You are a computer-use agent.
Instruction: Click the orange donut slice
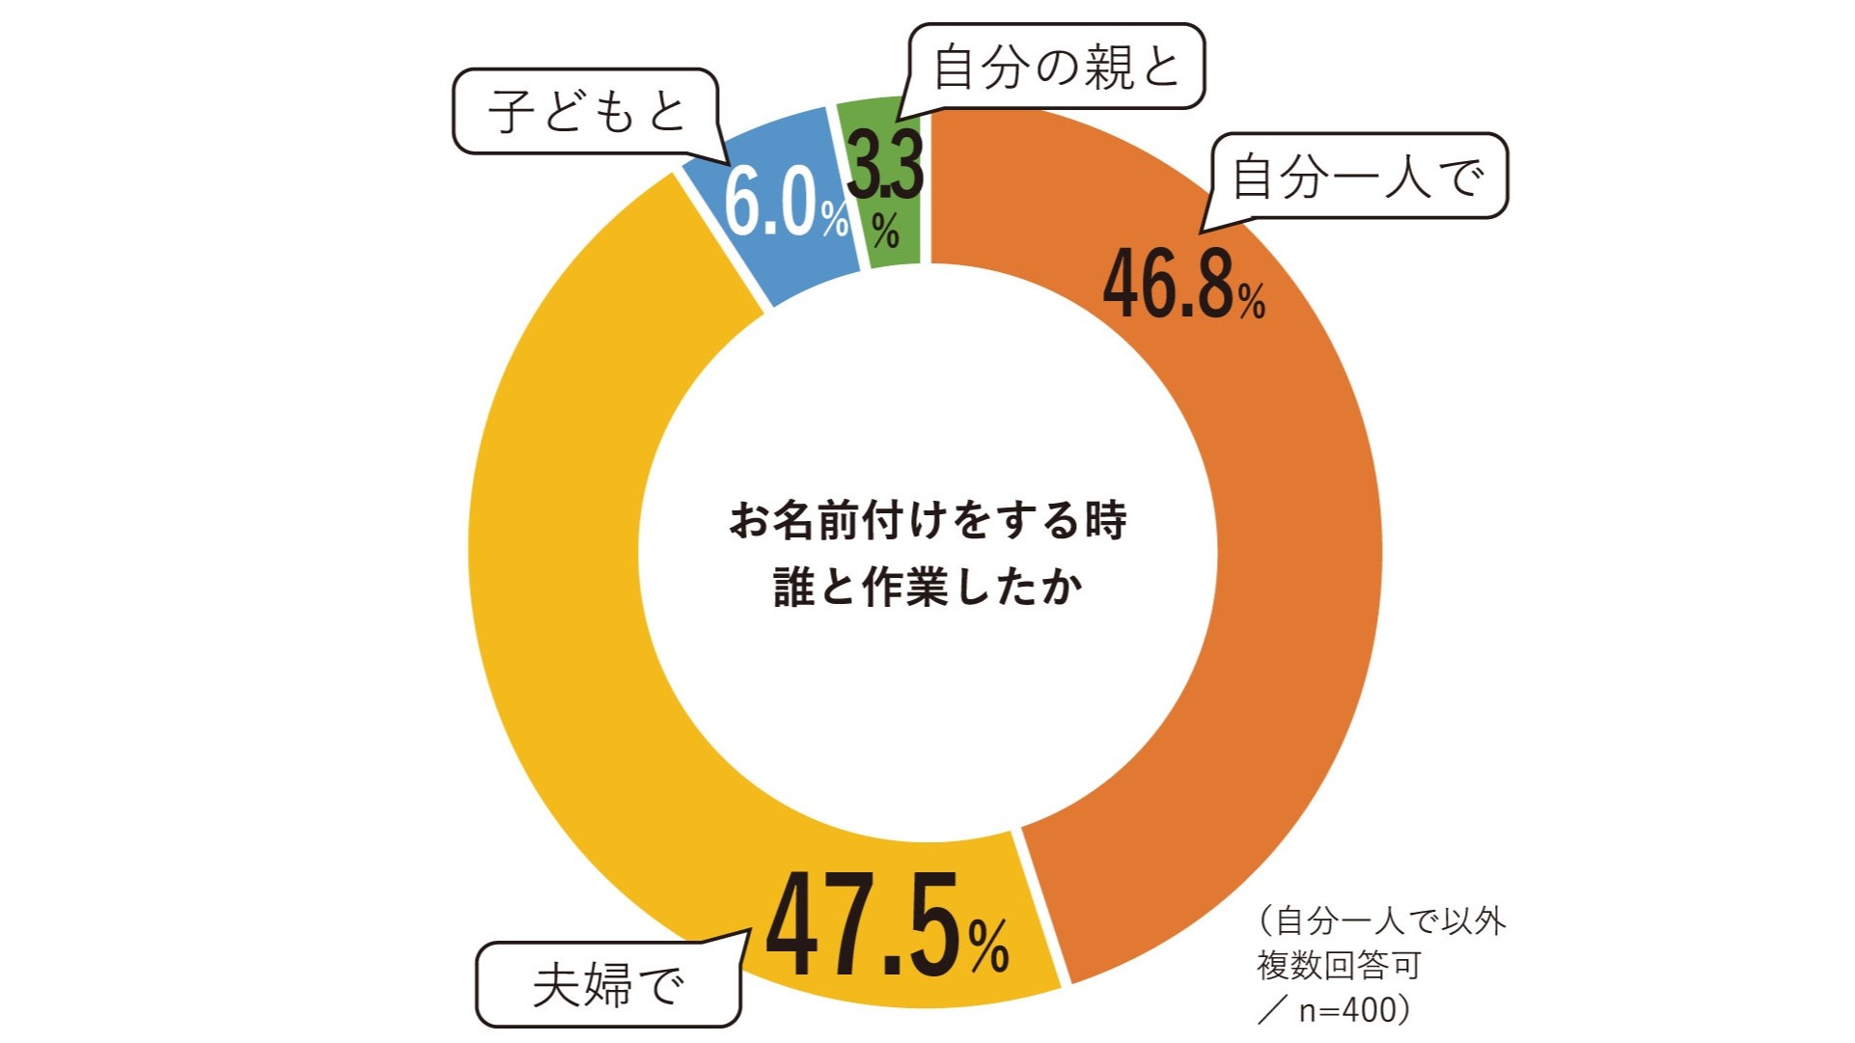click(1293, 579)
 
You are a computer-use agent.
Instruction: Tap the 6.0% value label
click(772, 203)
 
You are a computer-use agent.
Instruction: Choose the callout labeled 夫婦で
click(608, 985)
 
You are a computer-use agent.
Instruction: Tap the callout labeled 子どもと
click(586, 111)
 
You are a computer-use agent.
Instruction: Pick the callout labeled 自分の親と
click(1056, 67)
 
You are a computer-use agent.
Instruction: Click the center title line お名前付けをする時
click(927, 521)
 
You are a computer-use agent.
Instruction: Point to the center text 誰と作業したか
click(927, 587)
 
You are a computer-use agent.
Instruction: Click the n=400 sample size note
click(1346, 1009)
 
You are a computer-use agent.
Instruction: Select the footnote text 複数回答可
click(1339, 965)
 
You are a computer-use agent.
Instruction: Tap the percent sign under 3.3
click(885, 230)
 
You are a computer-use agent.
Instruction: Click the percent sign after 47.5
click(988, 946)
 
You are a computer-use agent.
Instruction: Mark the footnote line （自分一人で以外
click(1381, 920)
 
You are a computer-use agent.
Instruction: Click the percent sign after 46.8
click(1252, 302)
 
